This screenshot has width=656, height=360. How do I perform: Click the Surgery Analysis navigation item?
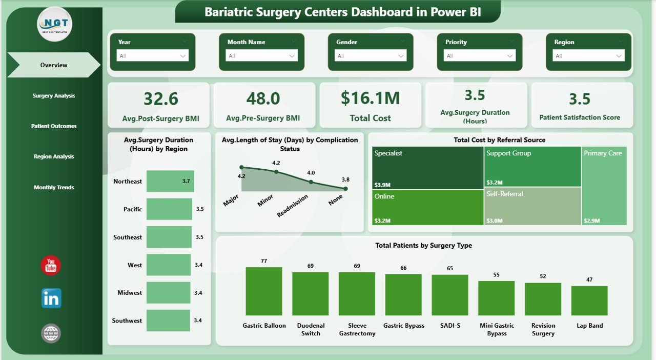[x=54, y=96]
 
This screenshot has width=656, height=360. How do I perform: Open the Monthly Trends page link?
[x=54, y=188]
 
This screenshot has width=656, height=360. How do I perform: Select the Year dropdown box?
[x=152, y=56]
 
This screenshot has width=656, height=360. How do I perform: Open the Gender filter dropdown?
[x=371, y=56]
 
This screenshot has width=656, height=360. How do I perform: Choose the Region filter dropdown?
[x=588, y=56]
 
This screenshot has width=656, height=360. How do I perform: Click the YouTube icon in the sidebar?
[x=51, y=266]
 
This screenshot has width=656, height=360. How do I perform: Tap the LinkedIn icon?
[x=51, y=298]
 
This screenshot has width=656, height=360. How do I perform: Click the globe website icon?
[x=51, y=333]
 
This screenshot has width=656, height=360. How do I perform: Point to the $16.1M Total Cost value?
[x=370, y=98]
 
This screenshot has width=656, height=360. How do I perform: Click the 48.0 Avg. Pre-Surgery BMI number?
[x=263, y=98]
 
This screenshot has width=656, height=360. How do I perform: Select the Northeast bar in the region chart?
[x=170, y=182]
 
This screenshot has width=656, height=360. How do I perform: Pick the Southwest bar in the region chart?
[x=168, y=321]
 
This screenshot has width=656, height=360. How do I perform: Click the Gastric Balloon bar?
[x=264, y=291]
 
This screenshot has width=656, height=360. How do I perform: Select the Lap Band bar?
[x=589, y=301]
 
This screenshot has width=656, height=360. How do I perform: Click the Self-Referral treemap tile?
[x=532, y=206]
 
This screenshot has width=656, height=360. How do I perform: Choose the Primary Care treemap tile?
[x=604, y=186]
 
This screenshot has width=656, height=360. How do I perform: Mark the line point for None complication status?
[x=345, y=189]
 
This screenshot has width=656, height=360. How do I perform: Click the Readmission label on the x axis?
[x=293, y=205]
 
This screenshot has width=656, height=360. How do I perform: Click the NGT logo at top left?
[x=55, y=24]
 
